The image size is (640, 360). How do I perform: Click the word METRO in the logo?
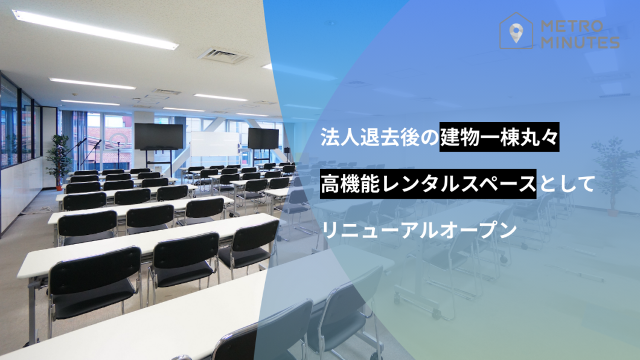[x=572, y=27]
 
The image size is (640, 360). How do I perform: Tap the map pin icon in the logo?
[x=516, y=33]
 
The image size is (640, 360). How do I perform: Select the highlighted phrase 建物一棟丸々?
[x=499, y=137]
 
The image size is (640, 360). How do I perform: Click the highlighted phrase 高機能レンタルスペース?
[x=427, y=184]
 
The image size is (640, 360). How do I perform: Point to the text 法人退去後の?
[x=379, y=137]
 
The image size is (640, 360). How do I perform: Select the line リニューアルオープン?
[x=419, y=230]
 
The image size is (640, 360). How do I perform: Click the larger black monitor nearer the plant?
[x=159, y=137]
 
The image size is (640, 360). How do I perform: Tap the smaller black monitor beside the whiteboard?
[x=263, y=139]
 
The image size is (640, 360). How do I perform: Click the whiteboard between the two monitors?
[x=215, y=144]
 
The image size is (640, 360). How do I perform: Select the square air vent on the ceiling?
[x=224, y=56]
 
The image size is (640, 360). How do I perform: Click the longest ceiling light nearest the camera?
[x=95, y=29]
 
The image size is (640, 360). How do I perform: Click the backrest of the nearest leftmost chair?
[x=95, y=270]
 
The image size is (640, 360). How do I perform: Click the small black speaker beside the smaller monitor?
[x=287, y=150]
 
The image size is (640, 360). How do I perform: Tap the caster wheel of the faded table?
[x=437, y=314]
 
